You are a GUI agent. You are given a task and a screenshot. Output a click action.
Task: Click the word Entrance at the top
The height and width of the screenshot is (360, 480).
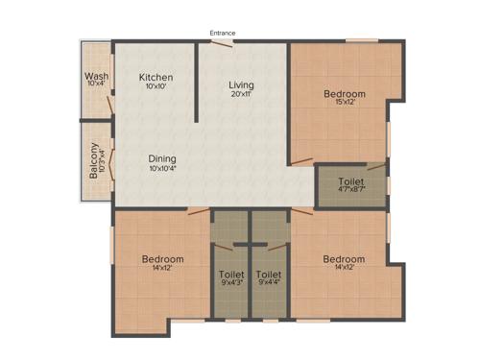pyautogui.click(x=223, y=34)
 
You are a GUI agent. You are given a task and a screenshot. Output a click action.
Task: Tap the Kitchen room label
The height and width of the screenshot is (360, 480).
pyautogui.click(x=156, y=77)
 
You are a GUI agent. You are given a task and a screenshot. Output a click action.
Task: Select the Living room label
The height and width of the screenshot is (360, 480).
pyautogui.click(x=241, y=84)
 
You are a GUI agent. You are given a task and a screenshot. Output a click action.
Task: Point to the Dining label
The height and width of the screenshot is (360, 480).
pyautogui.click(x=162, y=158)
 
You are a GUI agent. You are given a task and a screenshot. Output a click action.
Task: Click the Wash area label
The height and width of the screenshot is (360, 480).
pyautogui.click(x=96, y=76)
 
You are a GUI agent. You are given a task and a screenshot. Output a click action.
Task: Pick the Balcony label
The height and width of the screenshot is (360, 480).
pyautogui.click(x=93, y=161)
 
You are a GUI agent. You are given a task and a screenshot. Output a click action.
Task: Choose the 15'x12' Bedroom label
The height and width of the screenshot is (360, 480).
pyautogui.click(x=343, y=93)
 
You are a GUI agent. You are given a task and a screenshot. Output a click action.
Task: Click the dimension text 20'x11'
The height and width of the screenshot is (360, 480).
pyautogui.click(x=241, y=95)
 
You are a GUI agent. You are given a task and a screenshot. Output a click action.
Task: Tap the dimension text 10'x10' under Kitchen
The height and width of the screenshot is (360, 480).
pyautogui.click(x=156, y=87)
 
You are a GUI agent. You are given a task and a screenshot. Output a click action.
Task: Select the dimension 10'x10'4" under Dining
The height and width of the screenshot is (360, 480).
pyautogui.click(x=162, y=169)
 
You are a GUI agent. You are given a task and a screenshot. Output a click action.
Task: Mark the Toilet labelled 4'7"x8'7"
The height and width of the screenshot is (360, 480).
pyautogui.click(x=351, y=180)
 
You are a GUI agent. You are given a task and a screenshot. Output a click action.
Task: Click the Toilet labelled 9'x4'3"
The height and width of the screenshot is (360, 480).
pyautogui.click(x=231, y=275)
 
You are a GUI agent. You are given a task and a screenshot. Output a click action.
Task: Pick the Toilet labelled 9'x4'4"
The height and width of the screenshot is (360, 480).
pyautogui.click(x=268, y=275)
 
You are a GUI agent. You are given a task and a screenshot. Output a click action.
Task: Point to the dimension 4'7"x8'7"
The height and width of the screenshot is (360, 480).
pyautogui.click(x=351, y=190)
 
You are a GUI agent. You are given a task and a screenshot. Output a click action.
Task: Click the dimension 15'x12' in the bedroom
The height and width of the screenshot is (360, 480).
pyautogui.click(x=343, y=103)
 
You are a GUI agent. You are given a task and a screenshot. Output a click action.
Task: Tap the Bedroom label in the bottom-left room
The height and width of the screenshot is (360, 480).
pyautogui.click(x=162, y=258)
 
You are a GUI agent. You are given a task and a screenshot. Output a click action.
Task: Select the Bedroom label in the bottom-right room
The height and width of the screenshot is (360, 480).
pyautogui.click(x=343, y=258)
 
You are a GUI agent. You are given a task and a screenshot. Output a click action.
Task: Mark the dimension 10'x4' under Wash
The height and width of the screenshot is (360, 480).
pyautogui.click(x=96, y=85)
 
